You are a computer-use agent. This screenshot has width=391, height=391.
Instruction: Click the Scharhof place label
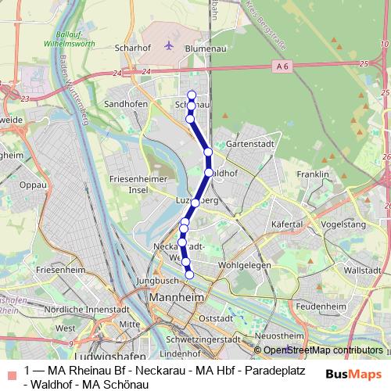(131, 47)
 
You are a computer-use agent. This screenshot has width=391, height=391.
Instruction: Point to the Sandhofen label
(127, 102)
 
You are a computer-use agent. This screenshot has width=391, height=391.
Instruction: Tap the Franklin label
(313, 174)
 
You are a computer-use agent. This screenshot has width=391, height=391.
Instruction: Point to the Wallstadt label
(361, 270)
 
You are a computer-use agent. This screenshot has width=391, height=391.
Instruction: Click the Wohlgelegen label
(244, 265)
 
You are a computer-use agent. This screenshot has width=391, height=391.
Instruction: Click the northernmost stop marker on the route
(192, 95)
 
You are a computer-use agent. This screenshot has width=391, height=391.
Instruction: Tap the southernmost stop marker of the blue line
(189, 274)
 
